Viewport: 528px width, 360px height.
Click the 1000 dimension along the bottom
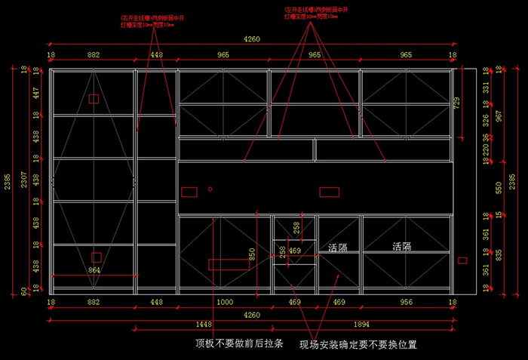pos(224,303)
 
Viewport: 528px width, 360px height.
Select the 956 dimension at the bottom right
pos(406,303)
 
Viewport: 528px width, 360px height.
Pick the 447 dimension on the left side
pos(35,93)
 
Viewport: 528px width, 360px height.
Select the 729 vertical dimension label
pos(456,103)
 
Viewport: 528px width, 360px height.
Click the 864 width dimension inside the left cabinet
pos(95,269)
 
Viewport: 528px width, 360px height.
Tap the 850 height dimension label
pos(252,257)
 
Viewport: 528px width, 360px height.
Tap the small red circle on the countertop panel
pos(211,188)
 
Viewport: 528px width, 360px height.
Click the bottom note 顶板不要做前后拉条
pos(239,344)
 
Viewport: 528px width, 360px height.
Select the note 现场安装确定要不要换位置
pos(358,345)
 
